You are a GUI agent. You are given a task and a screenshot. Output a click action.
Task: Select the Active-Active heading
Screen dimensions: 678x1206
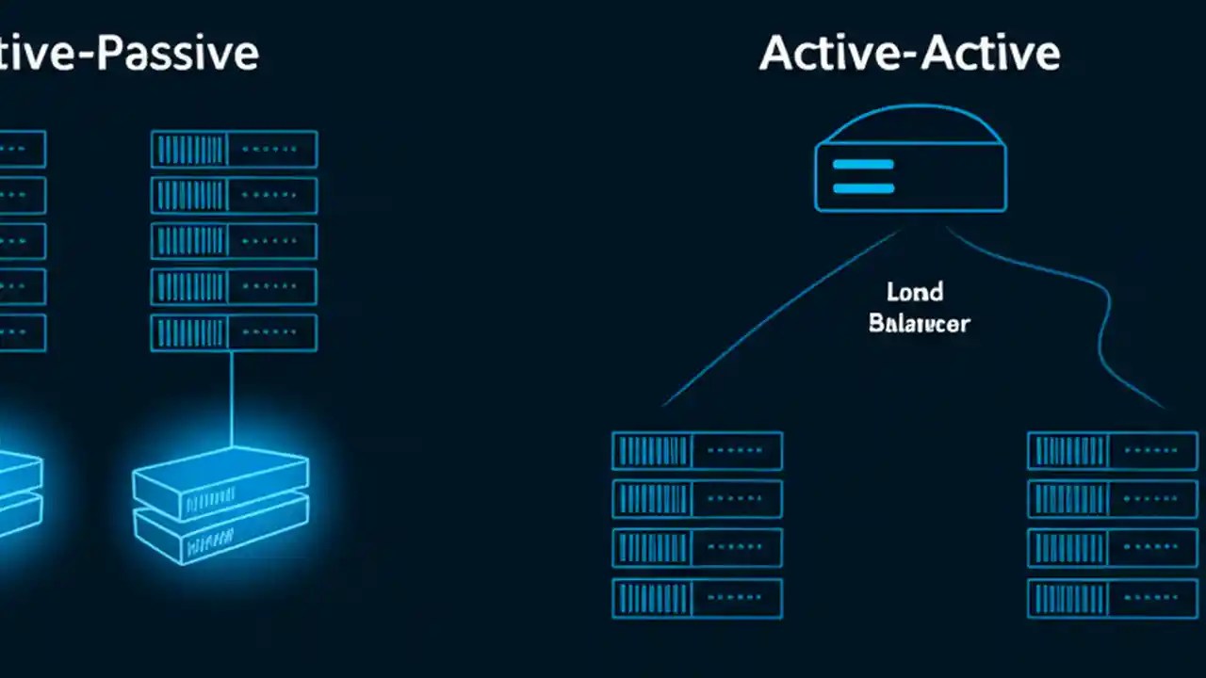pos(909,53)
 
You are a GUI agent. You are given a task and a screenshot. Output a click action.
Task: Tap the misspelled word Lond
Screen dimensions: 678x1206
pos(915,292)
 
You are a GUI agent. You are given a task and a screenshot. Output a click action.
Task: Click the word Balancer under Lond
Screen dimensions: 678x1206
pos(919,323)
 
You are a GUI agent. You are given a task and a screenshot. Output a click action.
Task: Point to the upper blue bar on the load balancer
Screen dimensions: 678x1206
pos(863,164)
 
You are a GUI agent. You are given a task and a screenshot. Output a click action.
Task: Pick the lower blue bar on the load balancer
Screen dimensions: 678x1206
pos(863,187)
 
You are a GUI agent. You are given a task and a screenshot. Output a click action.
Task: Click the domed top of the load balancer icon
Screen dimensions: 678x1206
pos(909,125)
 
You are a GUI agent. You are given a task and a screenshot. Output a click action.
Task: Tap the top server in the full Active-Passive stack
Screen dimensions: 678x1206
pos(234,150)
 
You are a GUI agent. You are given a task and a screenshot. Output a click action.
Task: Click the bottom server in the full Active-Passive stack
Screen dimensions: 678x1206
pos(234,333)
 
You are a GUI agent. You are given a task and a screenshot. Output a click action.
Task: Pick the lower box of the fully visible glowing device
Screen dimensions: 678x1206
pos(221,534)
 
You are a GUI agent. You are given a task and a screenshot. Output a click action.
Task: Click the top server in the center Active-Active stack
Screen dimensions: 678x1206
pos(697,451)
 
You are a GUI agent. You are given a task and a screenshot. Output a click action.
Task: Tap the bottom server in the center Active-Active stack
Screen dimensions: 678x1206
pos(697,598)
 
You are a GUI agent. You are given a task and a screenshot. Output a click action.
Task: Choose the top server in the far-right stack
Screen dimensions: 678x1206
pos(1112,451)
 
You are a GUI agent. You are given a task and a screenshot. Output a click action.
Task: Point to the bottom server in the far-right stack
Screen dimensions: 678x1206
pos(1112,598)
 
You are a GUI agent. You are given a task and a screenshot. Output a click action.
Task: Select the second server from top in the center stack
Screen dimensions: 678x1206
pos(697,499)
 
